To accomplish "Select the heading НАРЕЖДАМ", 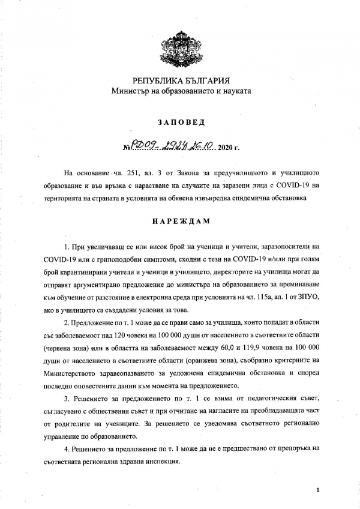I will pos(180,220).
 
